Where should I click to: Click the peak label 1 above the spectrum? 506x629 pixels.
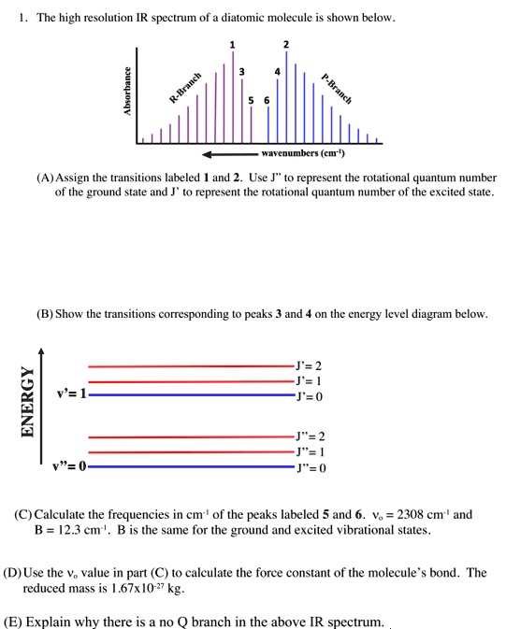coord(233,45)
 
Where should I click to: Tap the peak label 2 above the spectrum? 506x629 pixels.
coord(286,45)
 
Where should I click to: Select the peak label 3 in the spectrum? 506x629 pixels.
coord(242,72)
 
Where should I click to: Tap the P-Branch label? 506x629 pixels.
coord(335,87)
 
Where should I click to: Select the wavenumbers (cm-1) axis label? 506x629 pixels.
coord(303,152)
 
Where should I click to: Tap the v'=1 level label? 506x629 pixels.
coord(71,393)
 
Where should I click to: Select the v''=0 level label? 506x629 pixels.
coord(70,466)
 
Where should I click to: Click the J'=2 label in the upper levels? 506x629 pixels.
coord(309,365)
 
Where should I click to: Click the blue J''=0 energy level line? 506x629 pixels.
coord(187,465)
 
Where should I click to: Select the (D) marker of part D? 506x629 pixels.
coord(13,572)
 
